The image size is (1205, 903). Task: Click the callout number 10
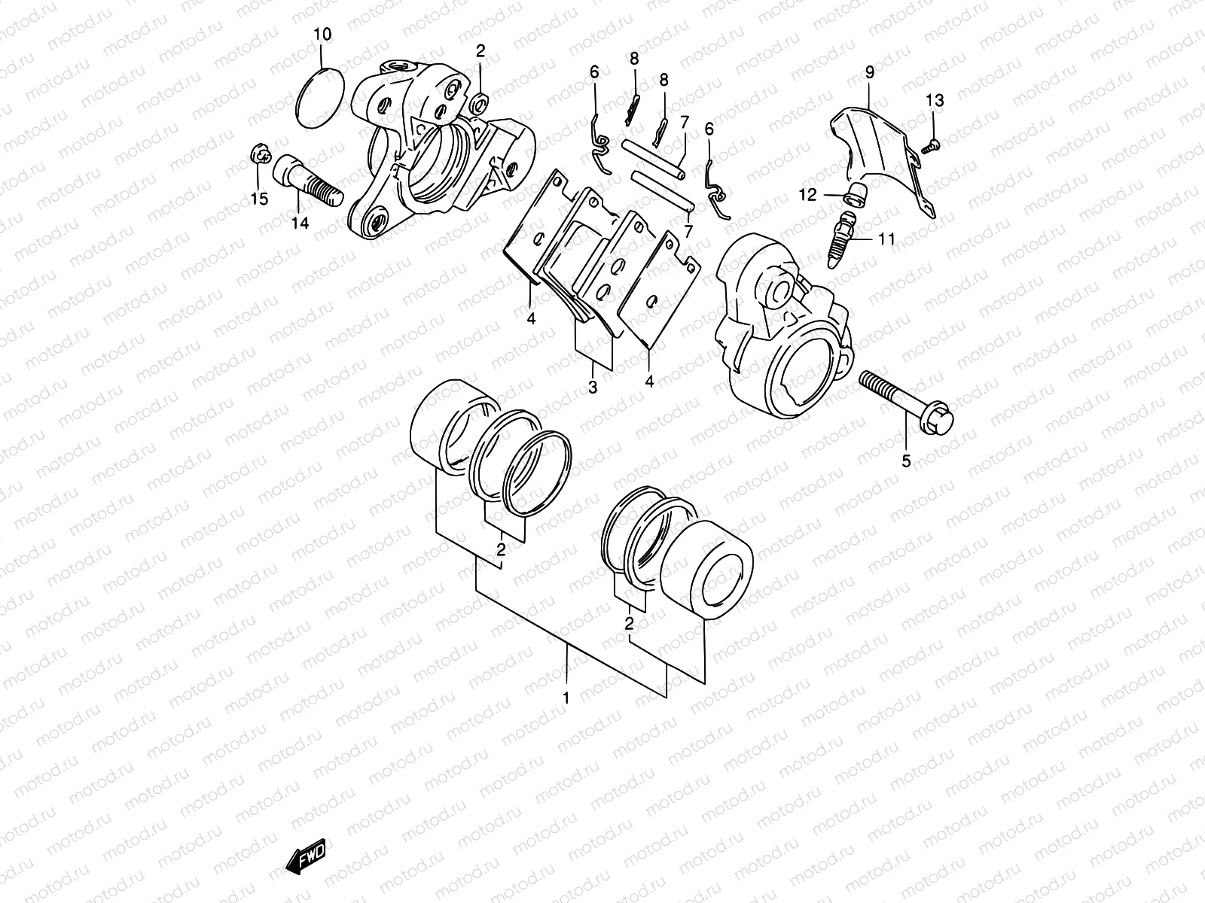coord(322,35)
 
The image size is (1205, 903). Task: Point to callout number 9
coord(869,73)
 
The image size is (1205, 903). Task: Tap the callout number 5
coord(906,461)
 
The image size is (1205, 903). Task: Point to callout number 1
coord(566,698)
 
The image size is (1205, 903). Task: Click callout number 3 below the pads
coord(593,388)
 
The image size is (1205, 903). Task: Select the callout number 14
coord(300,223)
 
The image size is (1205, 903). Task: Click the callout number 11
coord(886,239)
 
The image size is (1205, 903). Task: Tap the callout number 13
coord(934,101)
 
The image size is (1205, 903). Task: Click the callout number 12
coord(807,195)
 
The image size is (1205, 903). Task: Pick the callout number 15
coord(258,199)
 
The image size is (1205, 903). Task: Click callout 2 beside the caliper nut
coord(480,52)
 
